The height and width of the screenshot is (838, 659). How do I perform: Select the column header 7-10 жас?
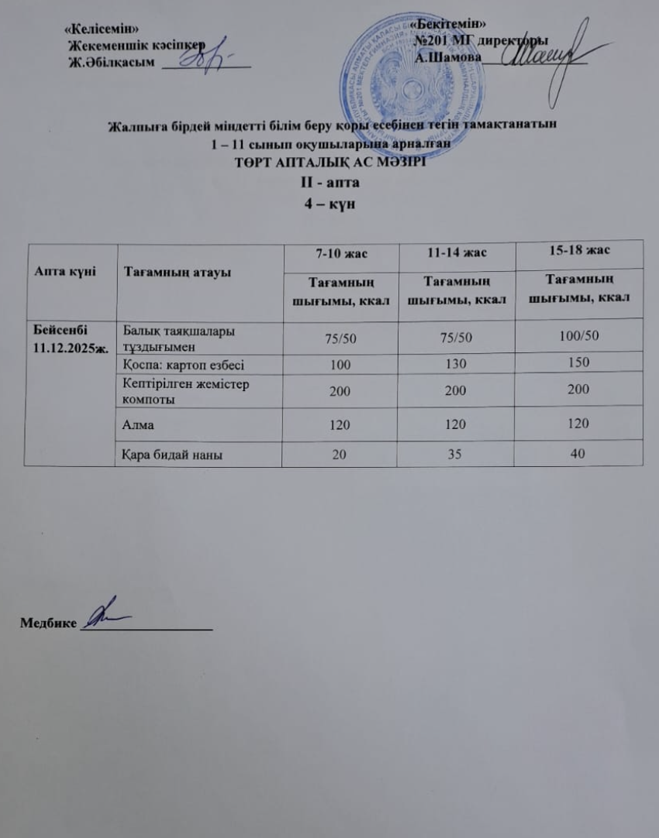click(337, 252)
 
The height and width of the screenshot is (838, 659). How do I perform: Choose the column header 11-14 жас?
click(458, 253)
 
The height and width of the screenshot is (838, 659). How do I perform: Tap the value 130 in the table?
click(458, 362)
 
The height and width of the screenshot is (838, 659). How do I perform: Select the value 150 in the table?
click(577, 362)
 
